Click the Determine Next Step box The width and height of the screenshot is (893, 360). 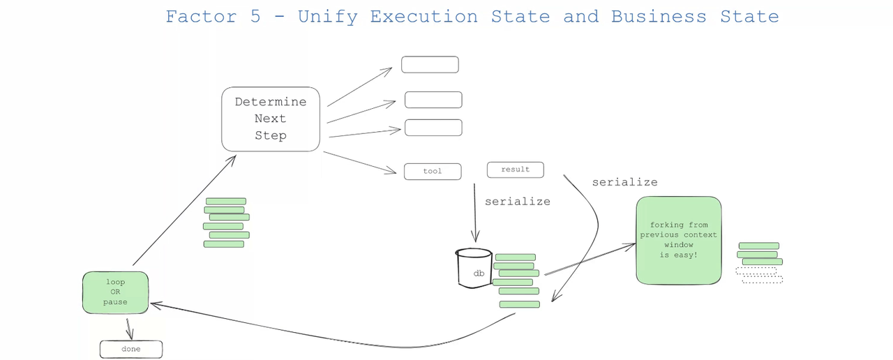(x=271, y=119)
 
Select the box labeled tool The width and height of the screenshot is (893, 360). (x=433, y=172)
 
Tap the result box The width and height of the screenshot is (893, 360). (x=515, y=170)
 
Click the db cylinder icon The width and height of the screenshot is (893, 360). (x=474, y=268)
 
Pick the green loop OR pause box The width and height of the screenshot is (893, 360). (x=115, y=292)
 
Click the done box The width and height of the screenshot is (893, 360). (x=131, y=350)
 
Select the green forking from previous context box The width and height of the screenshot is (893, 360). (x=679, y=240)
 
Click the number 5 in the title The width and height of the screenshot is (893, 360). (x=255, y=17)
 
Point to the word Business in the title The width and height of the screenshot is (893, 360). (x=659, y=17)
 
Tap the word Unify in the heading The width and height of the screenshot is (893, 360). (x=328, y=17)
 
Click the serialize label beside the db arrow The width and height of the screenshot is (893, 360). (x=518, y=202)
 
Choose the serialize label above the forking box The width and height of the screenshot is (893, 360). (x=624, y=182)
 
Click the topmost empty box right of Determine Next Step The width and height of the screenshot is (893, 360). (x=430, y=65)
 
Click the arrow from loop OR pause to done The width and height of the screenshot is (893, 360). (x=129, y=329)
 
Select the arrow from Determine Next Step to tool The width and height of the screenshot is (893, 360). (x=359, y=163)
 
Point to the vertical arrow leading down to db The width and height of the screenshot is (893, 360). (x=475, y=213)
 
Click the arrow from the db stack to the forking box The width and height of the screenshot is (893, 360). (x=590, y=259)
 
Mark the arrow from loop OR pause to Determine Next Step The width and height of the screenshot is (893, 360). (x=184, y=211)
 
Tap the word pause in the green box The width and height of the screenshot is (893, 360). (x=115, y=302)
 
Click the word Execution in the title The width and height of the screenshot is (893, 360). (x=423, y=17)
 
